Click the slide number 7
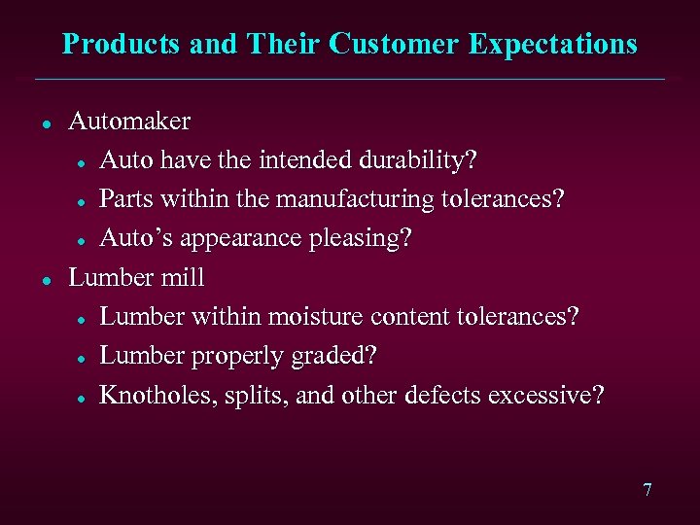647,490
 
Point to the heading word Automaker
129,122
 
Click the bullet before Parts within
86,200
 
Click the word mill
184,277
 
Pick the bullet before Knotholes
86,397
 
